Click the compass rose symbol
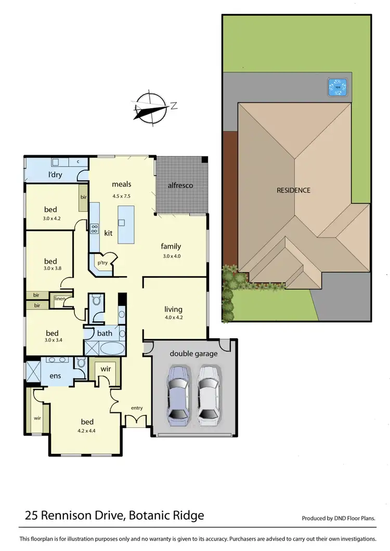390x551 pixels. [150, 107]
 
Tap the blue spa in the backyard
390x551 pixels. [337, 87]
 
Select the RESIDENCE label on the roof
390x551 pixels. [293, 190]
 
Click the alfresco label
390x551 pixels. [180, 185]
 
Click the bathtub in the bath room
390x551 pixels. [111, 348]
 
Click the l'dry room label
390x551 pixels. [55, 174]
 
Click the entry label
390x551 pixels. [136, 408]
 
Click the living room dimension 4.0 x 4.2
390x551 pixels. [173, 318]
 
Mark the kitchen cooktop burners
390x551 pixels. [95, 229]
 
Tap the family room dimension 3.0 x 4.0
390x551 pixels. [170, 256]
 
